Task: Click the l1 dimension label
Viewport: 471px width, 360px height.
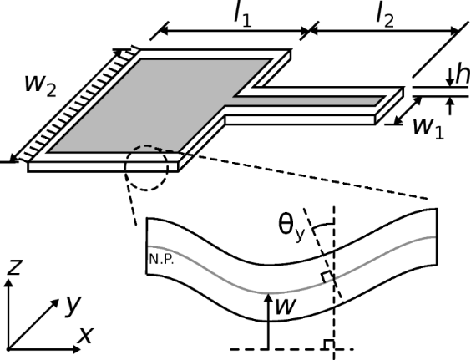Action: pyautogui.click(x=243, y=17)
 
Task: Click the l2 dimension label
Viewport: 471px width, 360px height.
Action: pyautogui.click(x=385, y=17)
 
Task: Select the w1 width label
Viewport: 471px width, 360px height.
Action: pyautogui.click(x=428, y=129)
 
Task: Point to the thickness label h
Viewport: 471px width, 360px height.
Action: pyautogui.click(x=463, y=74)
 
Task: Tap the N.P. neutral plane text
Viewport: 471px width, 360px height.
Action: pyautogui.click(x=162, y=260)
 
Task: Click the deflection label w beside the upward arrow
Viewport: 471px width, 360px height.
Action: pyautogui.click(x=286, y=307)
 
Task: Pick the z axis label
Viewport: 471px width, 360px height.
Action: pyautogui.click(x=13, y=267)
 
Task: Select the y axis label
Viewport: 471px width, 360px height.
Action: pyautogui.click(x=73, y=306)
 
